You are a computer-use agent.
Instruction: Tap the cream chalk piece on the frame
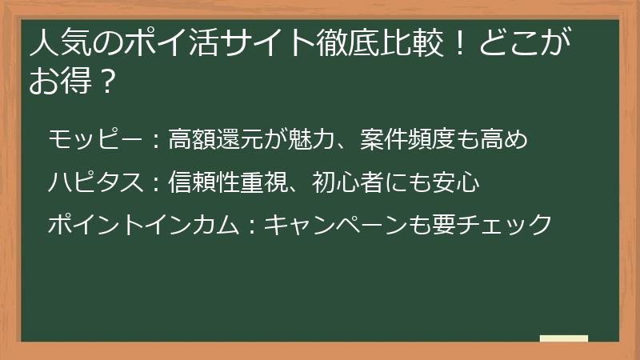tap(563, 339)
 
